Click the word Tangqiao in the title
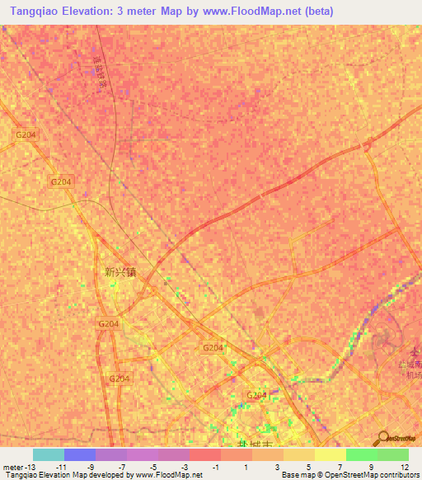pos(37,11)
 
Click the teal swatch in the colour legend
pos(48,454)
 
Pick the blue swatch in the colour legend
pos(80,454)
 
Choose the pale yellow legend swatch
pos(331,454)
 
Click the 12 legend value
pos(403,467)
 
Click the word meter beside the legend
pos(12,467)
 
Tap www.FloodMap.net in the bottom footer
pos(163,475)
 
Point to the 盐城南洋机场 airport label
pos(409,369)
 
